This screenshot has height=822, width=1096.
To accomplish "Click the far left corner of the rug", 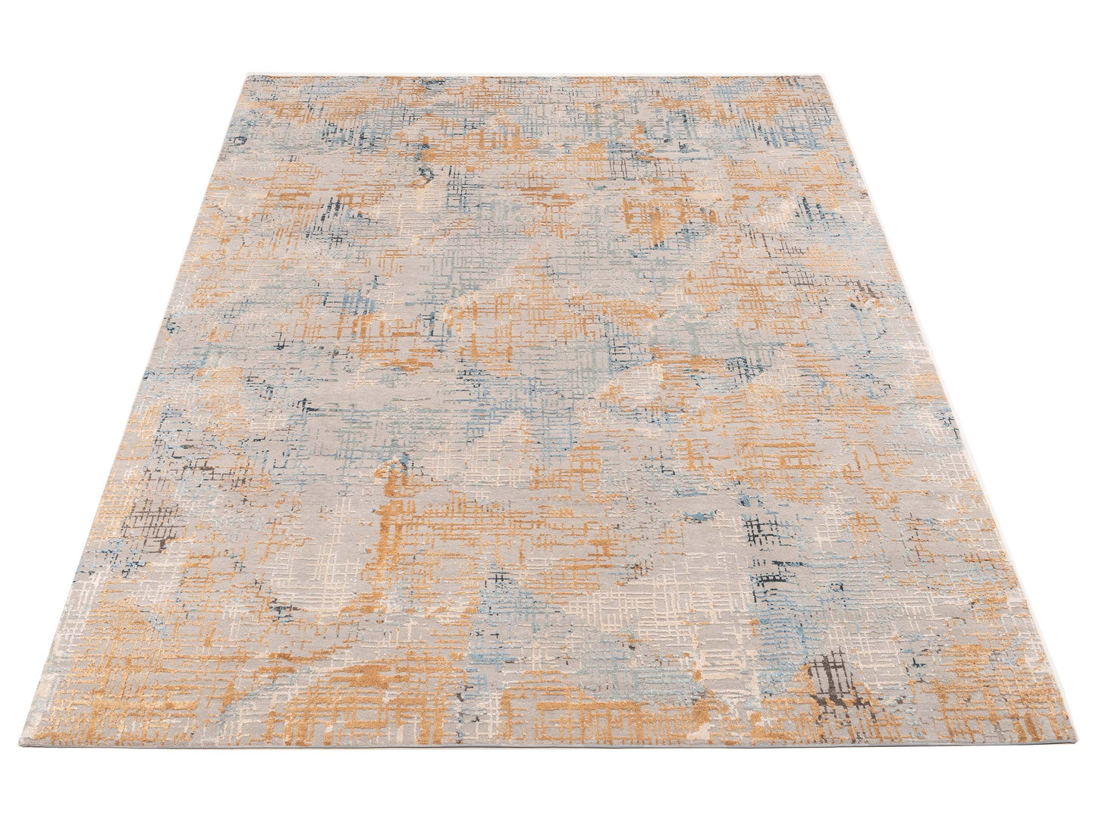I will pos(243,75).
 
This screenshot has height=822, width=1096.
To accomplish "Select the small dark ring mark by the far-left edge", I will pos(241,140).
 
